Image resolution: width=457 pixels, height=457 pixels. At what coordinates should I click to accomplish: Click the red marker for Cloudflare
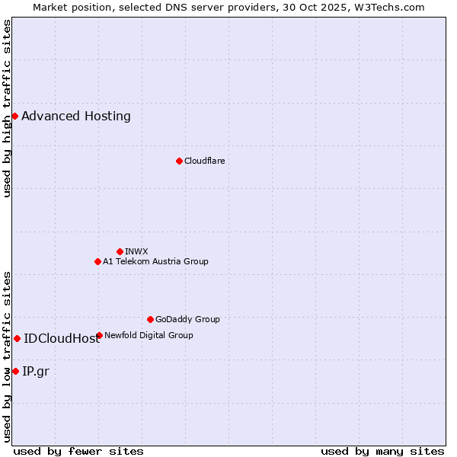(x=179, y=161)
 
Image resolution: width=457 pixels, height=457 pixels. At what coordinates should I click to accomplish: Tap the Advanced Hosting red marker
(x=14, y=116)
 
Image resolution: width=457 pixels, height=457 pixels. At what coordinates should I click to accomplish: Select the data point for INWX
(x=120, y=251)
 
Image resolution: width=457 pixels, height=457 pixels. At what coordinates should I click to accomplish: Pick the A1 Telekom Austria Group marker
(x=97, y=261)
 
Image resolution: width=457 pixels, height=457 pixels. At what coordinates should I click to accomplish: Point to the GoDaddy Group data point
(x=150, y=319)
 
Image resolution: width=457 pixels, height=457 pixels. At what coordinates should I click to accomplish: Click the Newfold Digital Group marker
(x=99, y=335)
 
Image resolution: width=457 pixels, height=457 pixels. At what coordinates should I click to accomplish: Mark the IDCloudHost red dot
(x=17, y=338)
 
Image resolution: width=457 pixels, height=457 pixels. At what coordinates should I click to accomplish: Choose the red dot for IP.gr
(x=15, y=371)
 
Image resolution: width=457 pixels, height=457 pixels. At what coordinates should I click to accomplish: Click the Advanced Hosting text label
(x=76, y=117)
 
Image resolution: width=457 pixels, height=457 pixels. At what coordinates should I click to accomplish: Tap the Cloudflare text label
(x=204, y=161)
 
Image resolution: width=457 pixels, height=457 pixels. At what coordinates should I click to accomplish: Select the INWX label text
(x=136, y=251)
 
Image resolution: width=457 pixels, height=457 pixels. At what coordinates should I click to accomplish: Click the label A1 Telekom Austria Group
(x=155, y=261)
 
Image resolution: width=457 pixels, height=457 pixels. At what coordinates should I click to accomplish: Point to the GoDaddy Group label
(x=187, y=319)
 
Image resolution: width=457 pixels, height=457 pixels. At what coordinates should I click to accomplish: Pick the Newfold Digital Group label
(x=149, y=335)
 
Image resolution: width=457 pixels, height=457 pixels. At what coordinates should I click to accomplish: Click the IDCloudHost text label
(x=61, y=339)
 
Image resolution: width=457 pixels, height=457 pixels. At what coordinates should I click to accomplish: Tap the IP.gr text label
(x=36, y=372)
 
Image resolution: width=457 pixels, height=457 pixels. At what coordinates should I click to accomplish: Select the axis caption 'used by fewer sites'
(x=78, y=451)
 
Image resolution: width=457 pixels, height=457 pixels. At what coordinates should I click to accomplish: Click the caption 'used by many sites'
(x=382, y=451)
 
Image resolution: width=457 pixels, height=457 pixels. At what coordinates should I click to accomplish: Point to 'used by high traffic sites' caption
(x=7, y=108)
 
